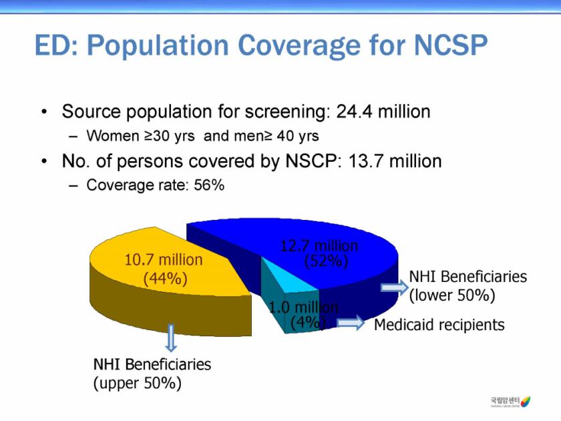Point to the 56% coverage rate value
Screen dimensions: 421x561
[208, 185]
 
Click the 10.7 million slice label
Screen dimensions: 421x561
[164, 259]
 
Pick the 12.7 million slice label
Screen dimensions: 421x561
[319, 246]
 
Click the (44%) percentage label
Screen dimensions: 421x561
[164, 277]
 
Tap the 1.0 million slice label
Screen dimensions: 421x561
[304, 307]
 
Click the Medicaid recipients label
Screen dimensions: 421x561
[439, 325]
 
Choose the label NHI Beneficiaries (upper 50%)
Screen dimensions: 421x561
[152, 374]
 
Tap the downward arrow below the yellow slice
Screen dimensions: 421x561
[171, 337]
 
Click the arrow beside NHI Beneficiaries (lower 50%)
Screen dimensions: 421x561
[393, 287]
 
